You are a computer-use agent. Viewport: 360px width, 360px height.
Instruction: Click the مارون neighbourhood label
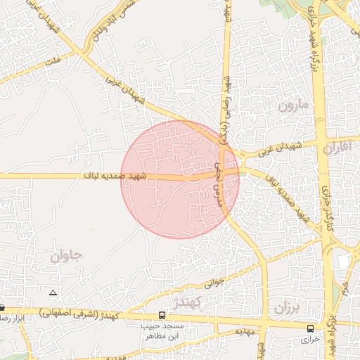point(292,107)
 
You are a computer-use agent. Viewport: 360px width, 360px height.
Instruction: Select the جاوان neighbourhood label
point(66,256)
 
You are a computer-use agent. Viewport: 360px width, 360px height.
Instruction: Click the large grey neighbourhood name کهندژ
point(187,302)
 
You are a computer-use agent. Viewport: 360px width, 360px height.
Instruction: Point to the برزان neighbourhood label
point(288,308)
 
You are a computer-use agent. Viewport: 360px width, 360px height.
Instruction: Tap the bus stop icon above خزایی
point(311,328)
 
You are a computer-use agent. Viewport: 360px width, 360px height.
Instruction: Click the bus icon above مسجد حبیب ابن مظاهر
point(162,315)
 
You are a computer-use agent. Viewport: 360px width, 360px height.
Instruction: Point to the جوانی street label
point(213,284)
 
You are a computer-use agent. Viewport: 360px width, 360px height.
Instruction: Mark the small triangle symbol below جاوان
point(52,292)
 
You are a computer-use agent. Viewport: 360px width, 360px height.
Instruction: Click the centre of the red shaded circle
point(180,179)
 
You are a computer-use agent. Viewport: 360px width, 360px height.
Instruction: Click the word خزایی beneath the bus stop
point(310,339)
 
